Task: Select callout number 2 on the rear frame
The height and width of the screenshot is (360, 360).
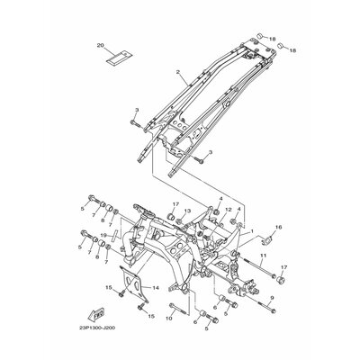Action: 179,71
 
